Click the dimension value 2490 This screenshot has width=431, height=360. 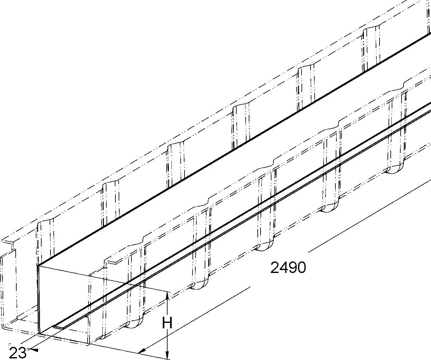pos(288,268)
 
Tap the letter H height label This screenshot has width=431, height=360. pos(167,323)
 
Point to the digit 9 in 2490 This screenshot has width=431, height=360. pos(292,268)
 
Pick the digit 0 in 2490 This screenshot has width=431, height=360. pos(301,268)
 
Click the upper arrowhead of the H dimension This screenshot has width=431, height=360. pos(167,296)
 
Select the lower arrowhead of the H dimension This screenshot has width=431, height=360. pos(167,355)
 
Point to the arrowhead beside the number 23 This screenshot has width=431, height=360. pos(35,350)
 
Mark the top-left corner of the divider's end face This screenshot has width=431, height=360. pos(39,266)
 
